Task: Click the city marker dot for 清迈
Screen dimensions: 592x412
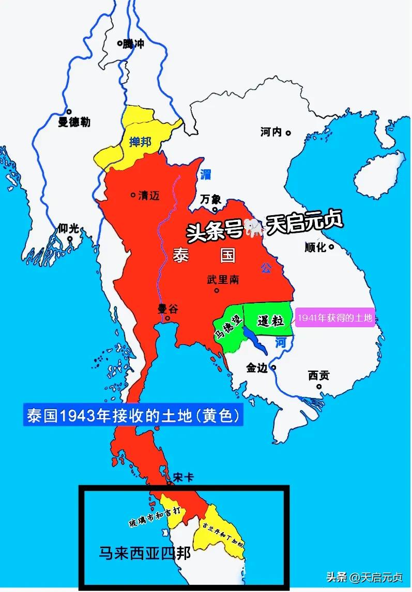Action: click(x=133, y=195)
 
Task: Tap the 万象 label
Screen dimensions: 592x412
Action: click(x=212, y=199)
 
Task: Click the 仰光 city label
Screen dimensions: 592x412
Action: click(x=69, y=228)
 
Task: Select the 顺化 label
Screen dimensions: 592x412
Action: click(x=315, y=247)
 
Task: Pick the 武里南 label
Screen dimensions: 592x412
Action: click(x=223, y=279)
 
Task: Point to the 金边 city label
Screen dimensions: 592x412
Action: click(x=257, y=368)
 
